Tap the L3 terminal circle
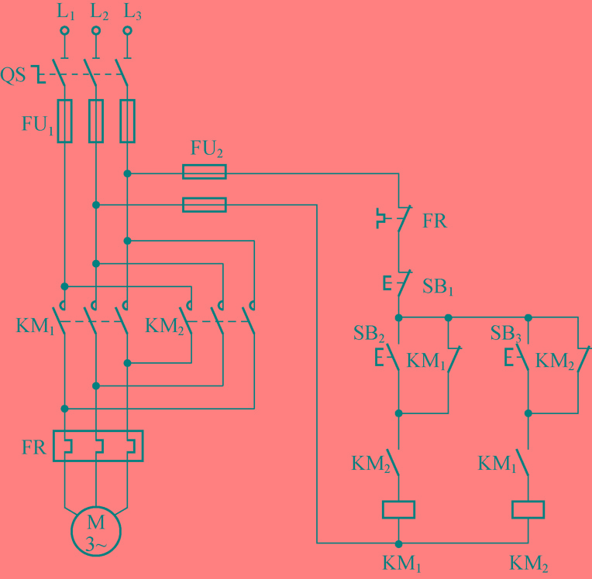coord(127,31)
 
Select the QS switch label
coord(13,76)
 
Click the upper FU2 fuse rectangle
coord(205,172)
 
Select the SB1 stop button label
coord(438,288)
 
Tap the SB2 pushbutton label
coord(370,334)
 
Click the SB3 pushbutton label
coord(505,334)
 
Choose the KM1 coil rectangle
coord(398,509)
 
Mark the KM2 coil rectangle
coord(528,509)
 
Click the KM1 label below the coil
coord(401,561)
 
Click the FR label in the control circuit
coord(435,221)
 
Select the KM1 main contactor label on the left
coord(36,324)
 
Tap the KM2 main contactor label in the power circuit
coord(165,324)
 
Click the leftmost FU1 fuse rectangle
coord(64,121)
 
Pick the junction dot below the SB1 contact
coord(398,317)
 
